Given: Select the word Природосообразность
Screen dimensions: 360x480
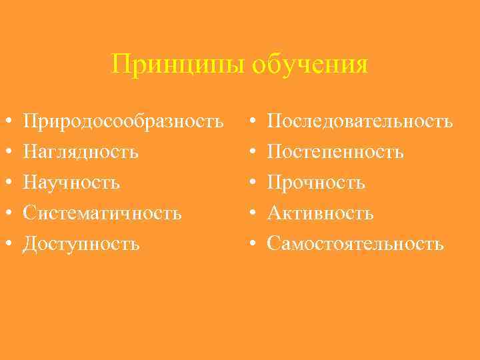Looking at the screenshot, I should coord(123,122).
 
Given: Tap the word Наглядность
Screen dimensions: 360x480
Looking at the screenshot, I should coord(81,152).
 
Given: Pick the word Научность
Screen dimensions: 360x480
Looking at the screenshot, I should coord(71,182).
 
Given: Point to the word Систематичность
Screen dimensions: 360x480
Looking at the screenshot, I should coord(102,213).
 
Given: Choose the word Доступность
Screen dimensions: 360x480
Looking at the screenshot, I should coord(81,244).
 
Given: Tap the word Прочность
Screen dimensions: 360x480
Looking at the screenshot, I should coord(316,182).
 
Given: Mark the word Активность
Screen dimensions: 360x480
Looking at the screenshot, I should coord(320,213).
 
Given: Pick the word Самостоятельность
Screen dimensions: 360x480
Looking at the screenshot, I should coord(355,244).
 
